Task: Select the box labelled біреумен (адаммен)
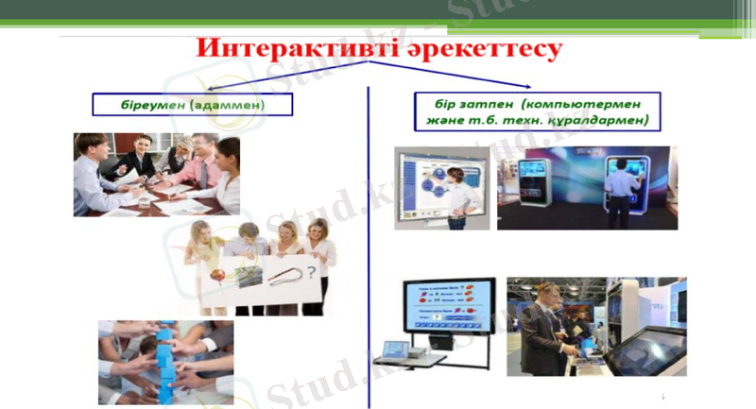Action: tap(192, 105)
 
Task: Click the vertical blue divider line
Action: tap(368, 246)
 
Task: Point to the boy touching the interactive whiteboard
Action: tap(458, 194)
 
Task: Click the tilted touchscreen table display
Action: tap(647, 349)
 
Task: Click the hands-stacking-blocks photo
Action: tap(165, 362)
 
